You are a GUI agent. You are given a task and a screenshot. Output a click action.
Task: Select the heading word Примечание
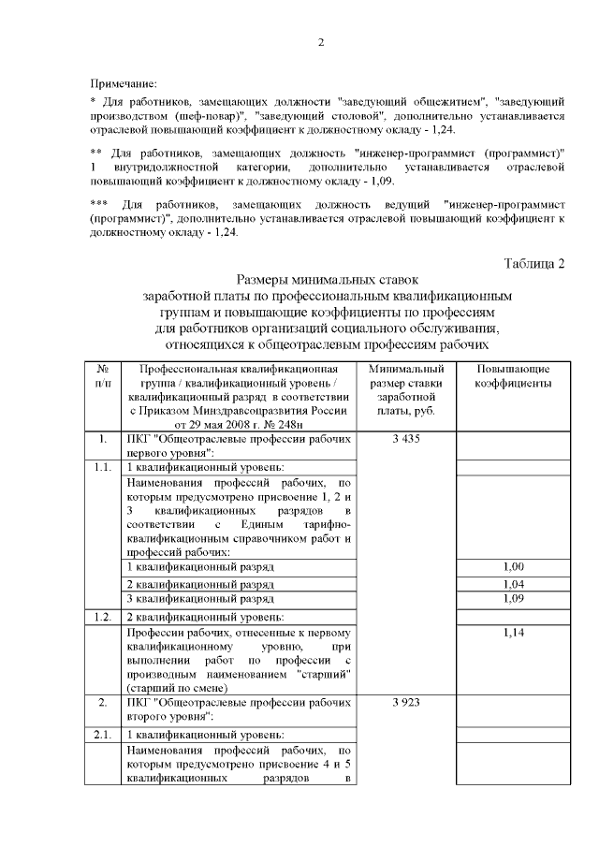click(x=123, y=84)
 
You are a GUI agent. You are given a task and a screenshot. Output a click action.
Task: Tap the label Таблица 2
click(x=534, y=261)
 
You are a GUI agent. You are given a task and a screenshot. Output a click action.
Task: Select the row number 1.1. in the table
click(x=103, y=467)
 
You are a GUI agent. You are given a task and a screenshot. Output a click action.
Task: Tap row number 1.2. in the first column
click(x=103, y=617)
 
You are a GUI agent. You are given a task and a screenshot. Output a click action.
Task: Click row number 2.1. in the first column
click(x=103, y=734)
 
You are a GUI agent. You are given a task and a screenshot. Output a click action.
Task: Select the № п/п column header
click(x=103, y=375)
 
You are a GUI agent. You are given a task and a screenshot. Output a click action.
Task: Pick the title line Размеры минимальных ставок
click(x=320, y=279)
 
